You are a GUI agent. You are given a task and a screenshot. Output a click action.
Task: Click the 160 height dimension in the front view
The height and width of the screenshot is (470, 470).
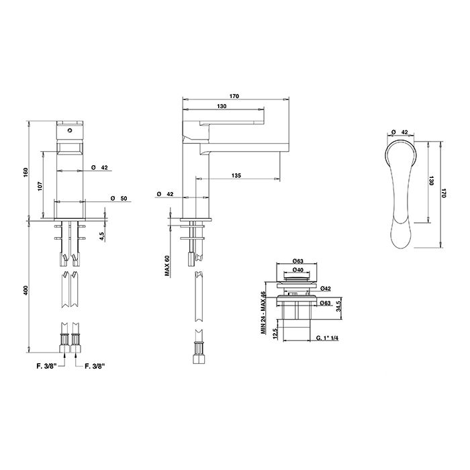point(26,172)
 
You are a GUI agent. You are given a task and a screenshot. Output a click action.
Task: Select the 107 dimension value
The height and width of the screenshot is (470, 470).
point(40,186)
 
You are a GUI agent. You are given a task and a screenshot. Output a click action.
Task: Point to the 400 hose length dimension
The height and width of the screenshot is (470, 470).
point(26,290)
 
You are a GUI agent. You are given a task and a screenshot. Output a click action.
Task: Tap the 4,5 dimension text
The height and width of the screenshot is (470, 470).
point(102,236)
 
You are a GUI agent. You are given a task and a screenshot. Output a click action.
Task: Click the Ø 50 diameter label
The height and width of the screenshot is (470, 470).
point(119,199)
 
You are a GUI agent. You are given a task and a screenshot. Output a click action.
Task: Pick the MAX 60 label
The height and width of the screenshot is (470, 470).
point(167,266)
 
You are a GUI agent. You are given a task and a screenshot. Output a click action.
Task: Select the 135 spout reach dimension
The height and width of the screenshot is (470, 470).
point(236,176)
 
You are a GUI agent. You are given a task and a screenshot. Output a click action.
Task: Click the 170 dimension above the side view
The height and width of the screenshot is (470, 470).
point(234,96)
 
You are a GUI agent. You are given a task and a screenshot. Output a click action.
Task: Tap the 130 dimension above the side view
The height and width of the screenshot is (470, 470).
point(222,106)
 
